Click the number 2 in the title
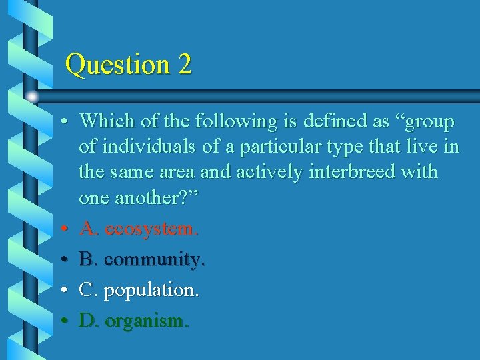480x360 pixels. (185, 65)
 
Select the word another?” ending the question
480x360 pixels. (163, 197)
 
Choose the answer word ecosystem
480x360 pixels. (151, 229)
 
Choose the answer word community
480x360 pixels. (154, 259)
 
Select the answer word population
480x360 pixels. (151, 291)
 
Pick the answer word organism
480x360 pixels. (147, 321)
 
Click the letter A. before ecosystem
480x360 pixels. (89, 229)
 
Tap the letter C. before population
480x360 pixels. (89, 290)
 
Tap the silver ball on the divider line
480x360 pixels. (32, 97)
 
